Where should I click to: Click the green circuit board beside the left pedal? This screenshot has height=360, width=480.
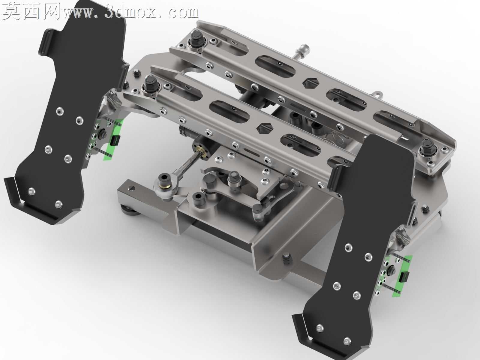tap(114, 140)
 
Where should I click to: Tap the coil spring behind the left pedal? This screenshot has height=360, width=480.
tap(114, 101)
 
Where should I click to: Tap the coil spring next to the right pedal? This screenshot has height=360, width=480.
tap(403, 238)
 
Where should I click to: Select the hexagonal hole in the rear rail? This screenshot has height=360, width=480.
tap(310, 83)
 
